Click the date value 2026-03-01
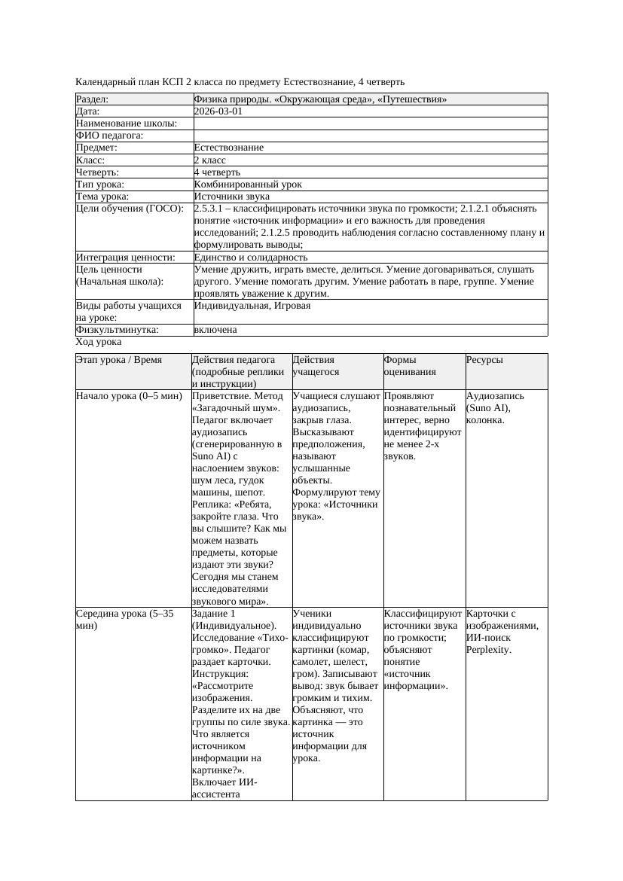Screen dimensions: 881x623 click(218, 111)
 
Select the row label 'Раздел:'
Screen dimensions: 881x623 click(93, 99)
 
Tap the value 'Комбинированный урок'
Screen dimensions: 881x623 click(248, 184)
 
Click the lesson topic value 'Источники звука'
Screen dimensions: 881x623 click(231, 197)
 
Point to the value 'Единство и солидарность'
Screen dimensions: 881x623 click(250, 258)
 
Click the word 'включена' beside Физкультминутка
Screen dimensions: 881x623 click(215, 330)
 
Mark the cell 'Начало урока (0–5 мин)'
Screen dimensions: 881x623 click(129, 395)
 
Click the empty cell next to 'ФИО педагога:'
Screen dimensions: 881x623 click(369, 136)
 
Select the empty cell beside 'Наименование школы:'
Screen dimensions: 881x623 click(369, 123)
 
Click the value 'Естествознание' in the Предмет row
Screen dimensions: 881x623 click(228, 148)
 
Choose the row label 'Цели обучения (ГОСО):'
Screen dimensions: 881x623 click(130, 209)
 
